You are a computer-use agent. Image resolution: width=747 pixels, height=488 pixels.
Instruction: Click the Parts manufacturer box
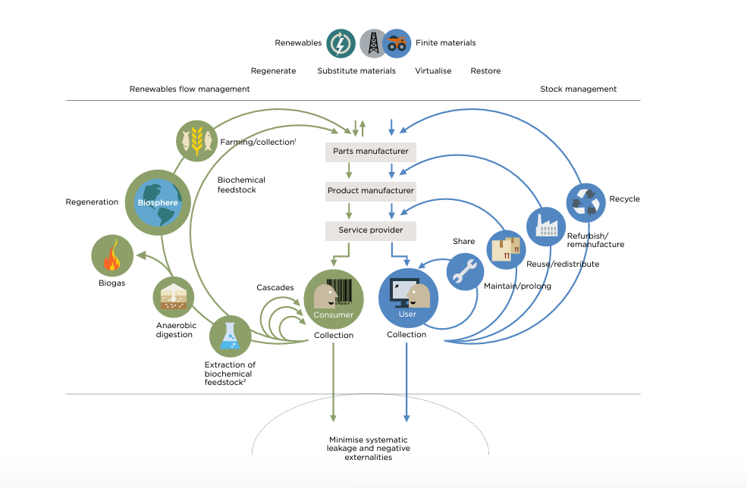click(x=371, y=152)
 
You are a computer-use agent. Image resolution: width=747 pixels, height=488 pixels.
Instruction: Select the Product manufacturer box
click(x=371, y=191)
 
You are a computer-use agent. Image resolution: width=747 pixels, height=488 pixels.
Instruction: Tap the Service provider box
click(x=371, y=230)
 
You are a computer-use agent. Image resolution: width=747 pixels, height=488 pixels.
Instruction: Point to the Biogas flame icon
click(x=111, y=255)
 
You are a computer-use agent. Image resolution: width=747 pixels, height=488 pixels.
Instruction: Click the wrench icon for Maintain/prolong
click(x=466, y=271)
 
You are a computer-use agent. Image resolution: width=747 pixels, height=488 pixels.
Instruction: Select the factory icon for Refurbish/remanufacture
click(x=546, y=226)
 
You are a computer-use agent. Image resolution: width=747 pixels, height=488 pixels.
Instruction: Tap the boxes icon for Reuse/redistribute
click(x=505, y=250)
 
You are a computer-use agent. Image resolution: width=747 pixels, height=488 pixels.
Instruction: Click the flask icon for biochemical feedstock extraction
click(x=229, y=336)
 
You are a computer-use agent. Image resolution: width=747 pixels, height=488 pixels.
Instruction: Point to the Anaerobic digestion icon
click(x=175, y=297)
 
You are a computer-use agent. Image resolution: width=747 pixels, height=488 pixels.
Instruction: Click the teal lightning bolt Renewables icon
click(x=341, y=43)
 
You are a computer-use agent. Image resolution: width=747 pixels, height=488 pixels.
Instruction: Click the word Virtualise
click(x=433, y=71)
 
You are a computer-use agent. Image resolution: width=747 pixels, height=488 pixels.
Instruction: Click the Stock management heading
click(x=578, y=89)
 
